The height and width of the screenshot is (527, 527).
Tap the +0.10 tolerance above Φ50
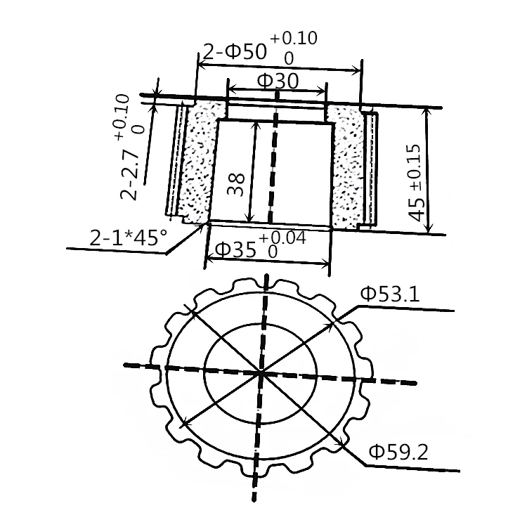point(293,38)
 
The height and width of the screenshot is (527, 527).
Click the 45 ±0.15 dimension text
point(417,183)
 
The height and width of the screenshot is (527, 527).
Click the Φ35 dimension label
point(236,249)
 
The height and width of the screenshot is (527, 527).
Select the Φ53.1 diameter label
point(390,294)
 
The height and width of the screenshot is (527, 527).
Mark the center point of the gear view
point(261,373)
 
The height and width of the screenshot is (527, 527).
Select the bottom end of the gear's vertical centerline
point(254,500)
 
